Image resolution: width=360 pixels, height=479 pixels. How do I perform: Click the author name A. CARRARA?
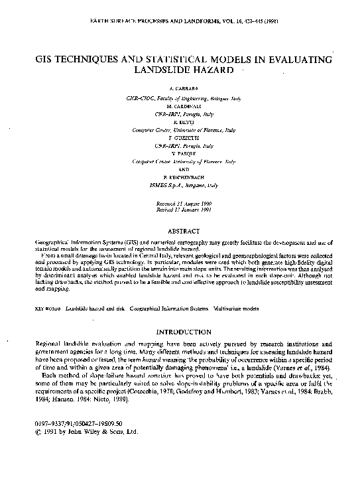[180, 88]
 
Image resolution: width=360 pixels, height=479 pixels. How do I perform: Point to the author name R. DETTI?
[180, 122]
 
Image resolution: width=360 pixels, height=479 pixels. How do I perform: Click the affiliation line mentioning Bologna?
[180, 98]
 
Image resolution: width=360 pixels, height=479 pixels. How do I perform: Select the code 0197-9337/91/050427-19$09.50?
[68, 423]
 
